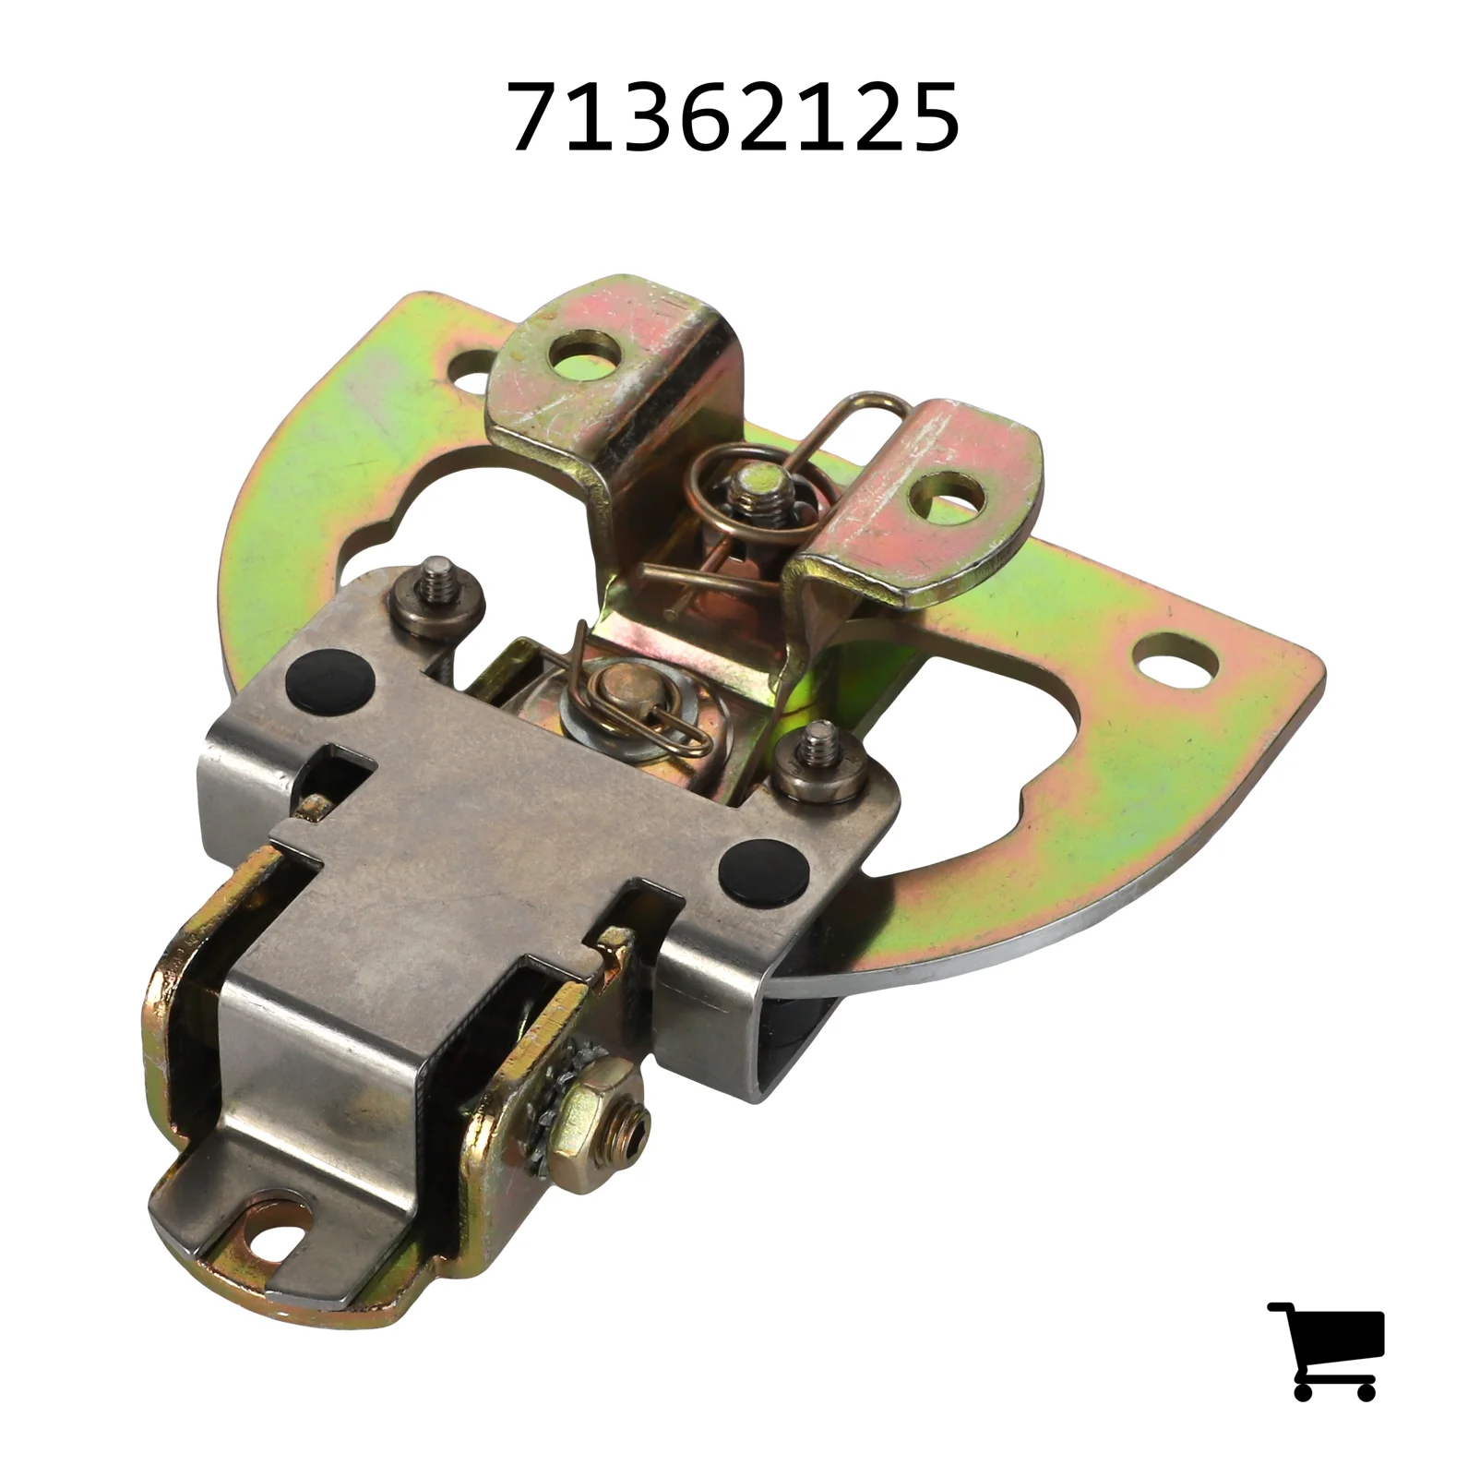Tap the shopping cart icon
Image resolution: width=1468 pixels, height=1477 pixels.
[x=1327, y=1350]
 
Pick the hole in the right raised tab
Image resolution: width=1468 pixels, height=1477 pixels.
[x=943, y=497]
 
